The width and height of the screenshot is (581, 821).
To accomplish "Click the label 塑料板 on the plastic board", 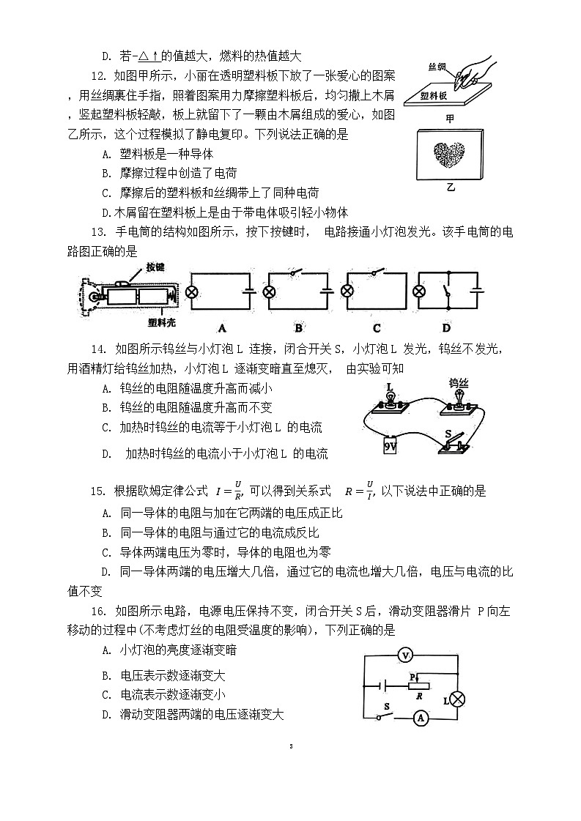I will tap(434, 95).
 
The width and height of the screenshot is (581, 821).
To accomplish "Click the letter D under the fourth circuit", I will tap(445, 327).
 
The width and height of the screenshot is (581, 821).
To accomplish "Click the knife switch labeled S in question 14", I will tap(456, 442).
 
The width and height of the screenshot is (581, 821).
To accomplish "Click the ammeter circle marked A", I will tap(421, 719).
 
